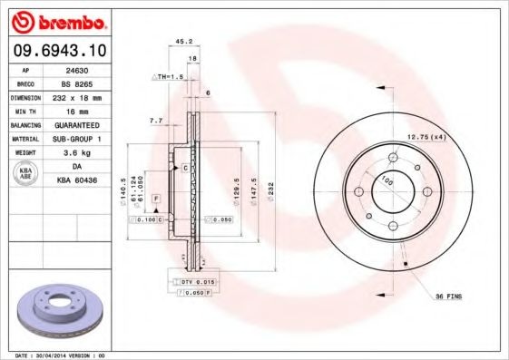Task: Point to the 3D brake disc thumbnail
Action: coord(62,311)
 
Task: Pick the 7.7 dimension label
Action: coord(155,120)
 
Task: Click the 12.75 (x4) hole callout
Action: coord(426,136)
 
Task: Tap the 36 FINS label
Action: coord(448,297)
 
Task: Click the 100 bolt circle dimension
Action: coord(389,180)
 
